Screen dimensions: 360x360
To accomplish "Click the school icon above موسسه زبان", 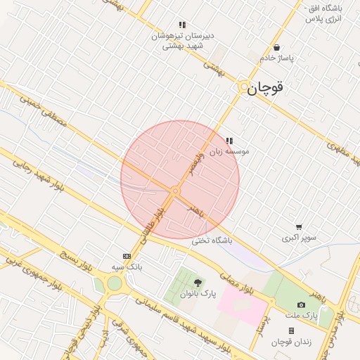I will [229, 141].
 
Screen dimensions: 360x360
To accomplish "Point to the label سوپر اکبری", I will [300, 238].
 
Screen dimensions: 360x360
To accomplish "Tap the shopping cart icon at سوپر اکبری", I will [300, 227].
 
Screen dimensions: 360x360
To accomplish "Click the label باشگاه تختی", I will [212, 240].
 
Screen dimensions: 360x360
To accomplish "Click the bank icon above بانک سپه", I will [127, 257].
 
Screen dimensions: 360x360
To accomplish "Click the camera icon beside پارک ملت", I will [301, 304].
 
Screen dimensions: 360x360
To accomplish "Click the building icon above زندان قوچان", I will [291, 330].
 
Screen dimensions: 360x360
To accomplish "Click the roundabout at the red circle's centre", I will [176, 191].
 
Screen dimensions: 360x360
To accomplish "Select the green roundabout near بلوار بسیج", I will [114, 284].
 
